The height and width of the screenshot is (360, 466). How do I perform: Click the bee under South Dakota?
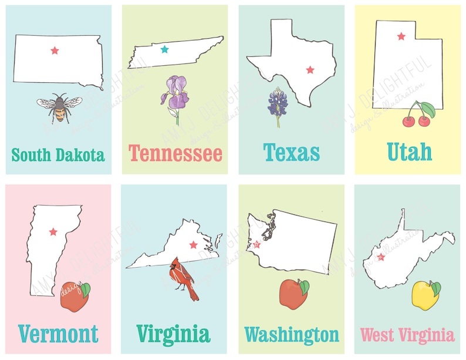[58, 107]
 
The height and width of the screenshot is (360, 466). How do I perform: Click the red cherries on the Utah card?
[417, 116]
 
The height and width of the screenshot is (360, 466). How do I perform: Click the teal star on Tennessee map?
[164, 49]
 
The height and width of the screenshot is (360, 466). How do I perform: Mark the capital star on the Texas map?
[310, 70]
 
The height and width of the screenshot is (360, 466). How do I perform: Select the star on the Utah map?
[401, 36]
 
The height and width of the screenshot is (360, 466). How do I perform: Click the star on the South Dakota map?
[55, 51]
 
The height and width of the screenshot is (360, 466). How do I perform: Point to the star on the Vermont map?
[53, 232]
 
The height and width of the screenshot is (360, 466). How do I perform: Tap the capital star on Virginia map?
[193, 244]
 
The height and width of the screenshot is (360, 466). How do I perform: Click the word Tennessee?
[175, 154]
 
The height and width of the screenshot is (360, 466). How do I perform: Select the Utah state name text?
[410, 152]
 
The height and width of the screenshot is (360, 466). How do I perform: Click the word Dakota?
[80, 155]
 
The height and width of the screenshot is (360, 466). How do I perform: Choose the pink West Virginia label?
[407, 335]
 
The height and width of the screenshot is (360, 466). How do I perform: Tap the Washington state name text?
[292, 335]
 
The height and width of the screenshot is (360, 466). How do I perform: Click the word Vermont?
[58, 334]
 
